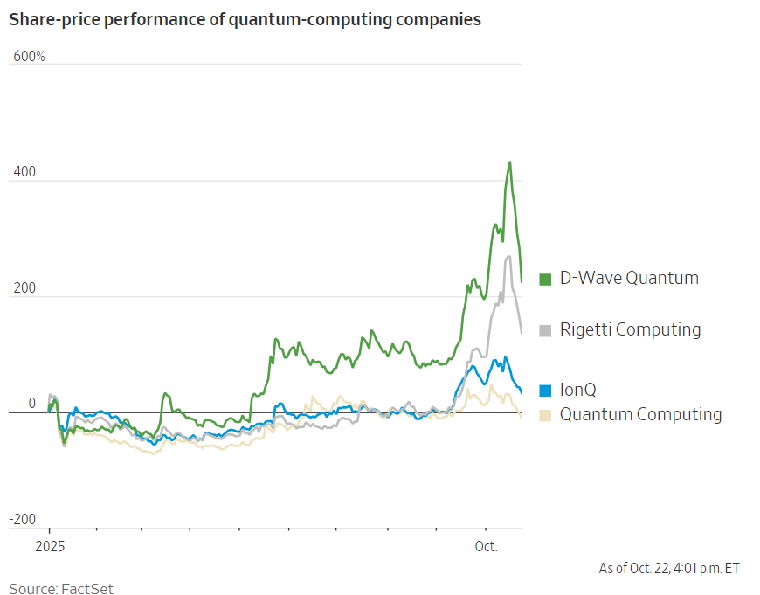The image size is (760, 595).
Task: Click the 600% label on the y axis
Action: [29, 57]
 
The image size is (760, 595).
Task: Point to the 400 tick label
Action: [24, 173]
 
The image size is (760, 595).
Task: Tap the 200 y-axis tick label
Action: [24, 288]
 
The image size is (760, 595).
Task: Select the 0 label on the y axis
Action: [31, 404]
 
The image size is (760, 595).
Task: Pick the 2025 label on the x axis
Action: [49, 547]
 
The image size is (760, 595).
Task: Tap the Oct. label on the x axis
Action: [486, 547]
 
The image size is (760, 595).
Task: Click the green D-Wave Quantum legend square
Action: [545, 279]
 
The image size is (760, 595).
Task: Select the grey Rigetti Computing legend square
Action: [545, 330]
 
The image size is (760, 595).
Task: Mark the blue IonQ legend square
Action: [545, 391]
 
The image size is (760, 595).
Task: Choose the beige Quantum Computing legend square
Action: [545, 414]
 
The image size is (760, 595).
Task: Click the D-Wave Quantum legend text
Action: [629, 278]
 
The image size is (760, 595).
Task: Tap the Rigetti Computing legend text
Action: [630, 329]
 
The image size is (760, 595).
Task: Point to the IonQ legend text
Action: [578, 390]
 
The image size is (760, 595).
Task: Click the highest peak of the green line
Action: [510, 162]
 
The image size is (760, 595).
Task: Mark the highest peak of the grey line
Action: [509, 256]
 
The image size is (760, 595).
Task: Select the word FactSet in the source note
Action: [87, 589]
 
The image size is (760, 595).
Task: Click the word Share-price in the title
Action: [52, 19]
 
